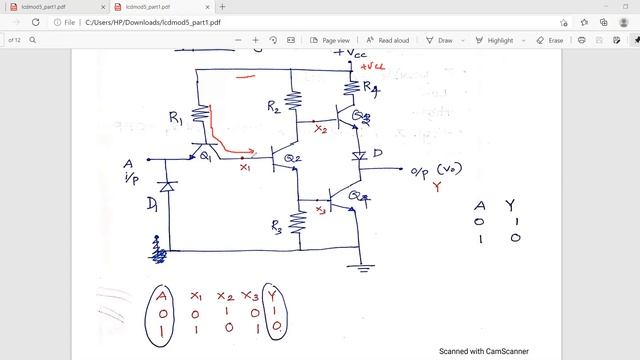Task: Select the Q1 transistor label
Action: (x=205, y=156)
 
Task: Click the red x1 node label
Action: (x=246, y=167)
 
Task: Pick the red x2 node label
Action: (x=320, y=128)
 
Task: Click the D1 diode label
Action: (x=151, y=206)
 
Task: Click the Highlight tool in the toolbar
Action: (x=494, y=40)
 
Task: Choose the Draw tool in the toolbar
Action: (x=440, y=40)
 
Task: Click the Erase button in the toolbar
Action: (x=550, y=40)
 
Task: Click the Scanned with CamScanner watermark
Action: (x=484, y=351)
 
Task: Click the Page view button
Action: (x=330, y=40)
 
